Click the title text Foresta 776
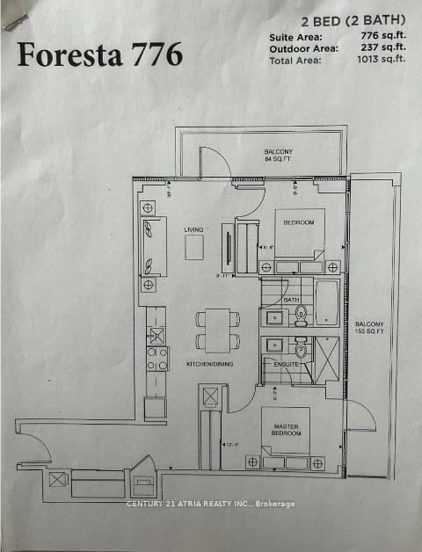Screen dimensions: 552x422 100,54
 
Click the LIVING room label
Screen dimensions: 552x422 193,230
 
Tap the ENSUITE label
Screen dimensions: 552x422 286,362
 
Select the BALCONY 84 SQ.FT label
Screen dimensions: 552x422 279,155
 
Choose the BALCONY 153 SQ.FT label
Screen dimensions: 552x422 369,328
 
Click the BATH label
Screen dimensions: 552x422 292,300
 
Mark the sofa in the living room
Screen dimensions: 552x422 151,246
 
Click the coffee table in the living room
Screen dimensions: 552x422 194,247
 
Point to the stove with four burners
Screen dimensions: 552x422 156,358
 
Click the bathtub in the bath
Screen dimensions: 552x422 326,302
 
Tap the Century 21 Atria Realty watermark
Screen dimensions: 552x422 211,504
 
